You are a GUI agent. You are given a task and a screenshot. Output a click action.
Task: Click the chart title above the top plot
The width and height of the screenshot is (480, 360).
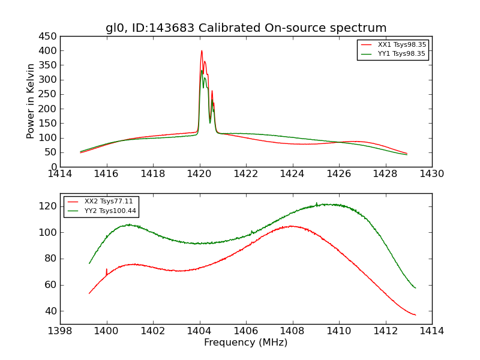pyautogui.click(x=246, y=28)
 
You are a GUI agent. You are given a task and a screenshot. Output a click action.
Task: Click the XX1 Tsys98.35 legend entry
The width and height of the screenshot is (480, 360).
pyautogui.click(x=401, y=44)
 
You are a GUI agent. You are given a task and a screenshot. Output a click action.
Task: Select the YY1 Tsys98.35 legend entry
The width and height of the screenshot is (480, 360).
pyautogui.click(x=401, y=53)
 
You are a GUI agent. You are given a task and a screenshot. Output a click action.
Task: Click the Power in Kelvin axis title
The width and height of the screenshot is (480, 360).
pyautogui.click(x=31, y=101)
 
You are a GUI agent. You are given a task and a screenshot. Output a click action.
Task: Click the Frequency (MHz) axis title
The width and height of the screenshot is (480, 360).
pyautogui.click(x=246, y=343)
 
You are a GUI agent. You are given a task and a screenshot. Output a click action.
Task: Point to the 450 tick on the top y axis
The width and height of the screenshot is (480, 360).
pyautogui.click(x=49, y=36)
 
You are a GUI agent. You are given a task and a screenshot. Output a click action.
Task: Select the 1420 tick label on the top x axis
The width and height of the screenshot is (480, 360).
pyautogui.click(x=199, y=174)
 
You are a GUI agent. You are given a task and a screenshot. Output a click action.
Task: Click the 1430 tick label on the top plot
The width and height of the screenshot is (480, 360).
pyautogui.click(x=431, y=174)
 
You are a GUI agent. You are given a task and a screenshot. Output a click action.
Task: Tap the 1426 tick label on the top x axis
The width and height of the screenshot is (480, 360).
pyautogui.click(x=338, y=174)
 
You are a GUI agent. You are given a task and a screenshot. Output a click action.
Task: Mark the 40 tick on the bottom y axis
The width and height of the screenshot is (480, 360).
pyautogui.click(x=51, y=311)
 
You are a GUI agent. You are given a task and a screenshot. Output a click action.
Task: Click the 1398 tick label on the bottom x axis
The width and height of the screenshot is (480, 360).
pyautogui.click(x=60, y=331)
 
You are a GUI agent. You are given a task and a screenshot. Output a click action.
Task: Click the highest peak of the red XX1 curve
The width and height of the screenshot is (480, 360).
pyautogui.click(x=202, y=50)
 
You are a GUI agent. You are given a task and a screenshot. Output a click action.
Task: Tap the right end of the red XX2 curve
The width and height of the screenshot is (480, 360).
pyautogui.click(x=415, y=315)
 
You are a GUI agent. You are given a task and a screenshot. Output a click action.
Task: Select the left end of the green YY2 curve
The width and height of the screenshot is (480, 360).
pyautogui.click(x=89, y=263)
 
